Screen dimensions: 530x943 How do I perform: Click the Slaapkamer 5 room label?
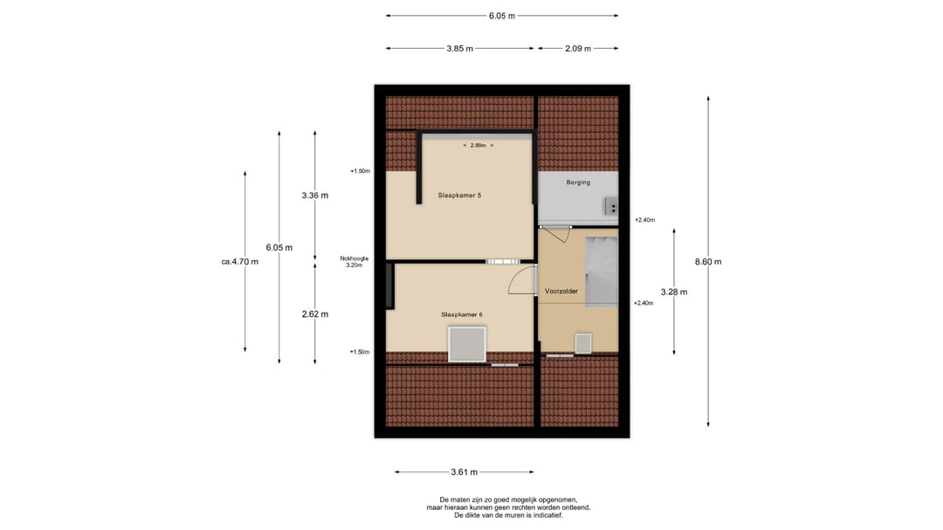[x=459, y=196]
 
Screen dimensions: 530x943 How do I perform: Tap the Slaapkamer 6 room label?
[x=461, y=314]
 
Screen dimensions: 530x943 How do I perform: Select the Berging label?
[x=578, y=182]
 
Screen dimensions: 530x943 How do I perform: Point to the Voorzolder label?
[x=561, y=291]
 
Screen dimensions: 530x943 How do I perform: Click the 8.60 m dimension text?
[x=708, y=262]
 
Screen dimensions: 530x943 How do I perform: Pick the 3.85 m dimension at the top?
[x=459, y=49]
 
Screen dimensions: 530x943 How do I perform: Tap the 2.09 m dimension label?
[x=578, y=49]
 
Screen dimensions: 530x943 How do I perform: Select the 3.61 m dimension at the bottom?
[x=464, y=472]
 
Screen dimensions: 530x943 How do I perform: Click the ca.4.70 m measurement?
[x=240, y=261]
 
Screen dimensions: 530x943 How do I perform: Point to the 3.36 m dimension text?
[x=314, y=196]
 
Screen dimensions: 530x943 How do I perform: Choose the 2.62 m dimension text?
[x=314, y=314]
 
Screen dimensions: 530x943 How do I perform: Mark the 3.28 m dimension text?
[x=673, y=292]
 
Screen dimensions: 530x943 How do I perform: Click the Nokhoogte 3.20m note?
[x=354, y=261]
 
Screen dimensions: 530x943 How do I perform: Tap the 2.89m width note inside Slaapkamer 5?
[x=478, y=145]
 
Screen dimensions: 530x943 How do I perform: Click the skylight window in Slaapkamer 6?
[x=467, y=344]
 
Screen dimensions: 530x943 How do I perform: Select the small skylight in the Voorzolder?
[x=582, y=343]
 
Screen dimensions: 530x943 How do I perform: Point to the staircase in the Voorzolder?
[x=601, y=271]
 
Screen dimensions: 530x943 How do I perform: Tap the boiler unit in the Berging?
[x=611, y=207]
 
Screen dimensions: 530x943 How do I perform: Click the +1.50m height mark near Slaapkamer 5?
[x=361, y=171]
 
